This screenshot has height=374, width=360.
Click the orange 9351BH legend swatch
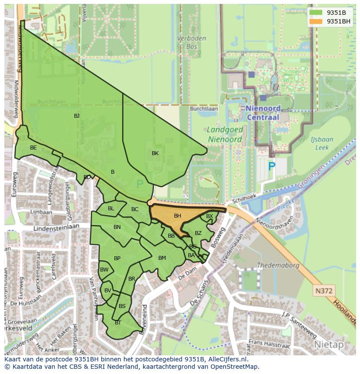coord(316,21)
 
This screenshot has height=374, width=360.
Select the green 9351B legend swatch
coord(316,13)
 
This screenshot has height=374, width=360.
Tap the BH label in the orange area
coord(177,216)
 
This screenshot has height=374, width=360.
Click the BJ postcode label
coord(77,116)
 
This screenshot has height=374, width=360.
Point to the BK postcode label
coord(155,153)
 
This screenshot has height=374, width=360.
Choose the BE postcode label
coord(33,148)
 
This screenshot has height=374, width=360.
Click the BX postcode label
coord(210,216)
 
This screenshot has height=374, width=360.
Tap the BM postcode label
coord(162,258)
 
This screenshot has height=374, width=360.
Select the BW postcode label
coord(104,270)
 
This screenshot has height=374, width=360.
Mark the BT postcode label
coord(118,323)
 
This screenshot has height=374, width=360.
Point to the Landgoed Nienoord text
coord(224,134)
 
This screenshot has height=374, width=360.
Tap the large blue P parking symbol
coord(272,166)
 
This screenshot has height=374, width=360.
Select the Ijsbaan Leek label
coord(322,143)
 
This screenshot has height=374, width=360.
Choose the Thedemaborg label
coord(278,265)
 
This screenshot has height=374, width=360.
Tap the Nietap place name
coord(329,344)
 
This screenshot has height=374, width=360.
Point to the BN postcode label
coord(117,227)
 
